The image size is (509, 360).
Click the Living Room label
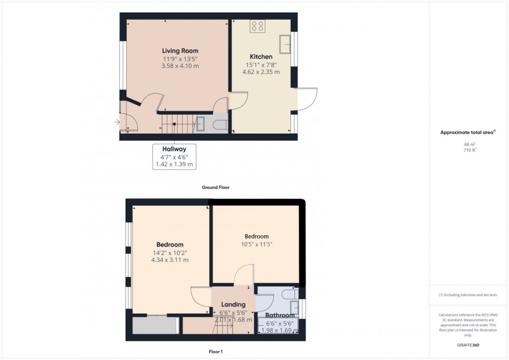(x=180, y=51)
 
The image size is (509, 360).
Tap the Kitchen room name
(x=261, y=57)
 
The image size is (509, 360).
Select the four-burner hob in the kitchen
(x=258, y=26)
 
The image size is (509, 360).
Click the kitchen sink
(x=285, y=44)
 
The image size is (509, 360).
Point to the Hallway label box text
(x=174, y=149)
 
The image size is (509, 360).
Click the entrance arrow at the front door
(x=117, y=123)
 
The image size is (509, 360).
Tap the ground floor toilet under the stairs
(x=220, y=124)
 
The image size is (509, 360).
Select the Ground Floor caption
(x=216, y=187)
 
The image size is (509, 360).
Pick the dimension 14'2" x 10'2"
(x=170, y=252)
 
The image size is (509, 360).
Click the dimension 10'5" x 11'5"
(x=257, y=244)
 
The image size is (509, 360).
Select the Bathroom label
(x=280, y=315)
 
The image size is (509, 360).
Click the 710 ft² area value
(x=470, y=150)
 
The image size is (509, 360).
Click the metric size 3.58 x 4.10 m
(x=180, y=66)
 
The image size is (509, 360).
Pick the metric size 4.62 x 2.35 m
(x=261, y=72)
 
